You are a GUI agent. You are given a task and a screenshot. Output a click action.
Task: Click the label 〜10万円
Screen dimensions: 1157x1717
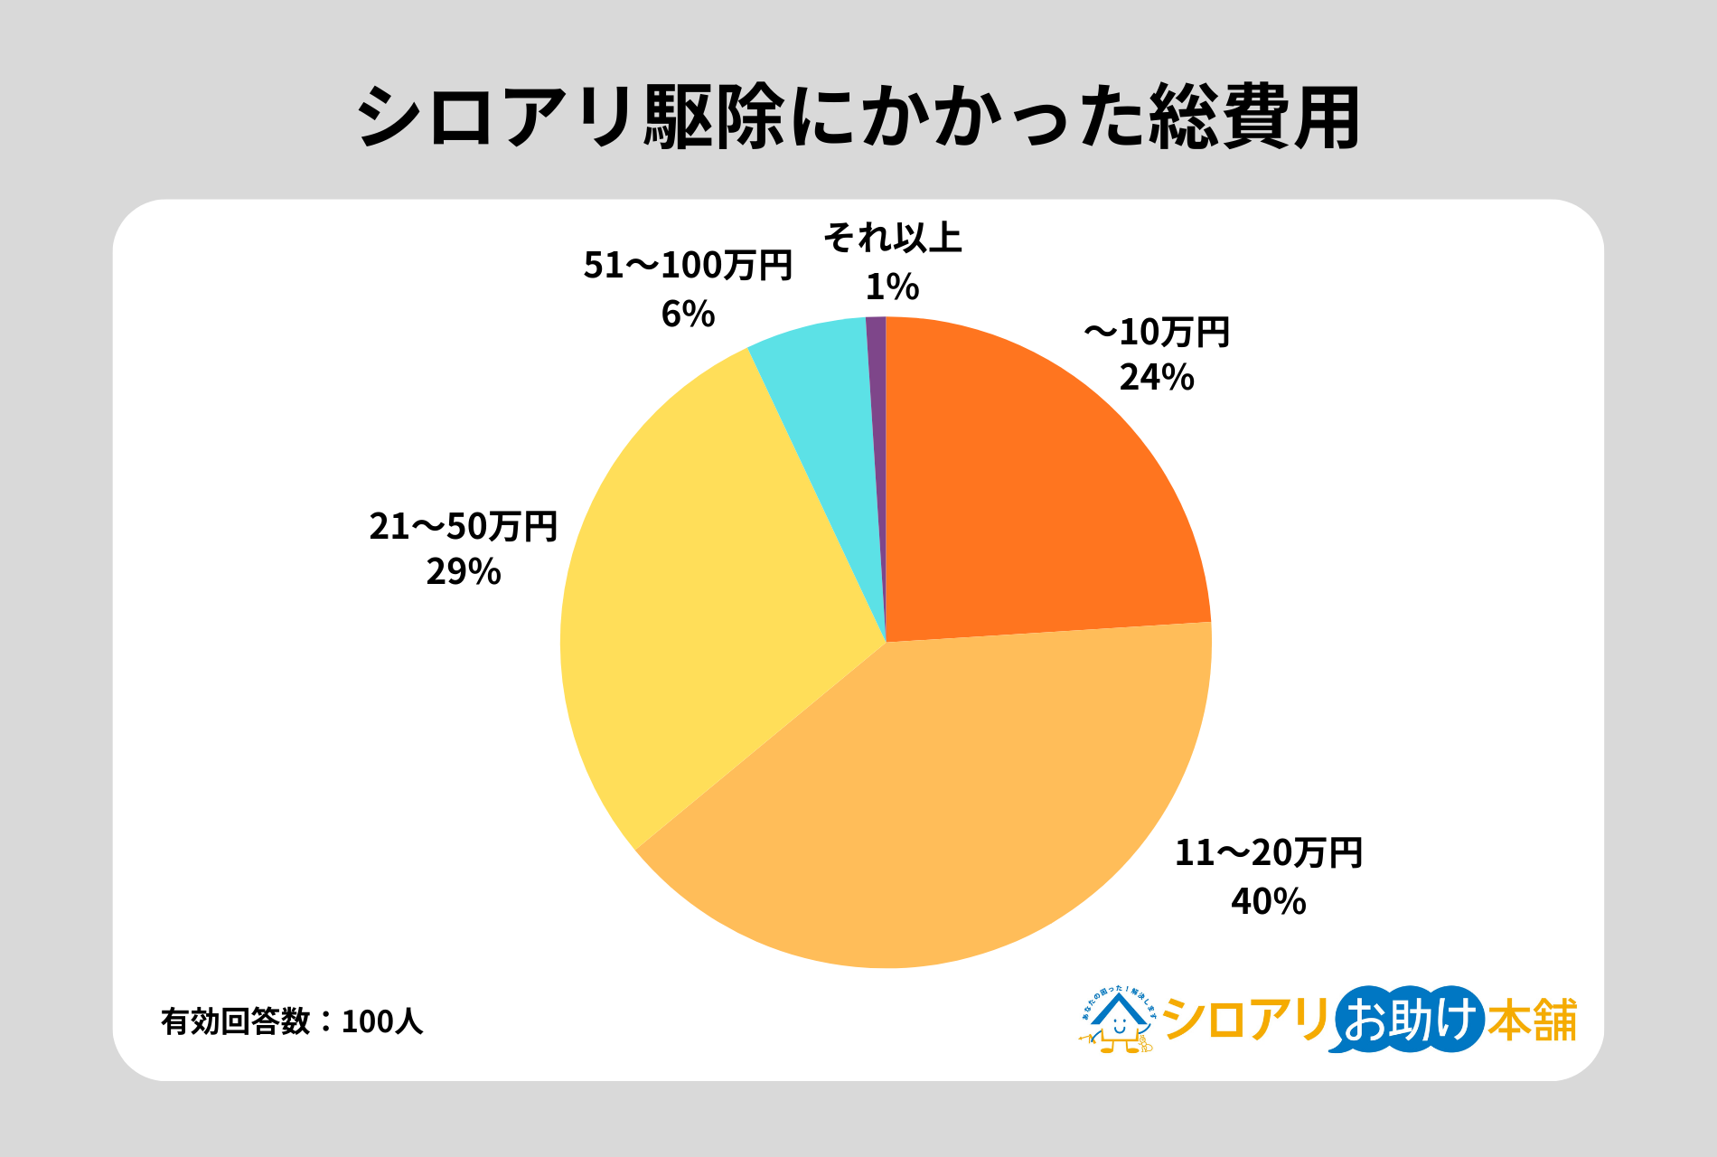point(1157,333)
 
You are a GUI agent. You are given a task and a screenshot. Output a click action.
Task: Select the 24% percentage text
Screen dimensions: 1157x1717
point(1157,378)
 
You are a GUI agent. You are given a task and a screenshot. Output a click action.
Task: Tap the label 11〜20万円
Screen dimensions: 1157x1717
point(1268,853)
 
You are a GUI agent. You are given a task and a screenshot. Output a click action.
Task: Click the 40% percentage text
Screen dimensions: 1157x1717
point(1268,901)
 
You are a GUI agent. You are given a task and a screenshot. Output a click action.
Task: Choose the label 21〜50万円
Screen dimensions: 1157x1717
point(463,526)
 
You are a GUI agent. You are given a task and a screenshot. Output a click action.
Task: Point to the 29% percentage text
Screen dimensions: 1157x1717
point(463,572)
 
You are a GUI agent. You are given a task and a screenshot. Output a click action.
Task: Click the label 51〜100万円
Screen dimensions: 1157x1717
point(688,266)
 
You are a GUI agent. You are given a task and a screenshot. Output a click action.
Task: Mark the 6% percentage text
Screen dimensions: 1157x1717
point(688,314)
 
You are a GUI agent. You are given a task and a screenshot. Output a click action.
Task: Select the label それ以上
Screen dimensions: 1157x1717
point(892,238)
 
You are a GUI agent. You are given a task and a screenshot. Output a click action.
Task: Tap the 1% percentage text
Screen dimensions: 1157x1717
point(892,287)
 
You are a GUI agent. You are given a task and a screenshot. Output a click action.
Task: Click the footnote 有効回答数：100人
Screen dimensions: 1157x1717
point(292,1021)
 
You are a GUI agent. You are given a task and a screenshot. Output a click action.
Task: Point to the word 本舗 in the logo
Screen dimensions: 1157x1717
point(1532,1020)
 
